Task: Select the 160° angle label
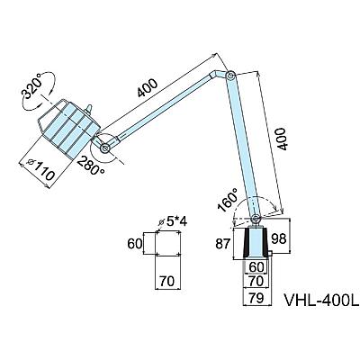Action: pyautogui.click(x=228, y=201)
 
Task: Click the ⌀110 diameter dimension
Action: pyautogui.click(x=41, y=170)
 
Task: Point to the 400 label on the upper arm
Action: pyautogui.click(x=148, y=88)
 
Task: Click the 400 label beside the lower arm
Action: pyautogui.click(x=281, y=139)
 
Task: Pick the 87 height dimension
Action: pyautogui.click(x=223, y=244)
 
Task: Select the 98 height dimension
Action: pyautogui.click(x=279, y=238)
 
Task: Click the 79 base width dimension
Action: pyautogui.click(x=256, y=298)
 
